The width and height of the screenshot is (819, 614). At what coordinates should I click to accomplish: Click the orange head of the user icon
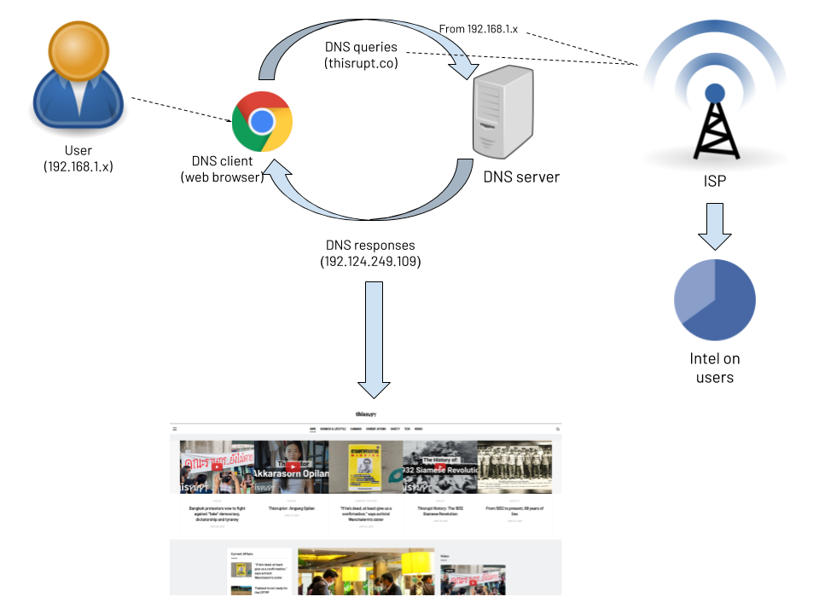tap(78, 49)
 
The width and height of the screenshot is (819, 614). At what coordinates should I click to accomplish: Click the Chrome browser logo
tap(262, 121)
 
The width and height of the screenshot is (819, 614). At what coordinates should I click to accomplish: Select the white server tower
tap(503, 113)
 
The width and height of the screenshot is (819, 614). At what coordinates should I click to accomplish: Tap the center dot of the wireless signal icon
tap(715, 92)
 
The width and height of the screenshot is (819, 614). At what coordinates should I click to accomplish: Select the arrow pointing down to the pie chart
tap(715, 225)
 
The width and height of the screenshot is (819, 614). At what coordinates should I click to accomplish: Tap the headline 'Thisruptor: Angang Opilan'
tap(292, 508)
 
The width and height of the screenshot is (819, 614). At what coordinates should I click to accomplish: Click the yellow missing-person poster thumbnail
tap(366, 466)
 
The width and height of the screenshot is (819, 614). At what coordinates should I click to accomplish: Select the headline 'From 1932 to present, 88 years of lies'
tap(514, 510)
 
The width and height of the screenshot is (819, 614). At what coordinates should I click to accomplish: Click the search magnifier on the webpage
tap(558, 429)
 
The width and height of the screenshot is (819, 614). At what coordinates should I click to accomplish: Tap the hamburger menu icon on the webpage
tap(175, 429)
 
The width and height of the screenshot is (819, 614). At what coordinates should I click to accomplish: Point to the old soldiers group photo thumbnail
tap(514, 466)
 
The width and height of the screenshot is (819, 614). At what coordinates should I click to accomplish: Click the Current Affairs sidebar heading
tap(242, 553)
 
